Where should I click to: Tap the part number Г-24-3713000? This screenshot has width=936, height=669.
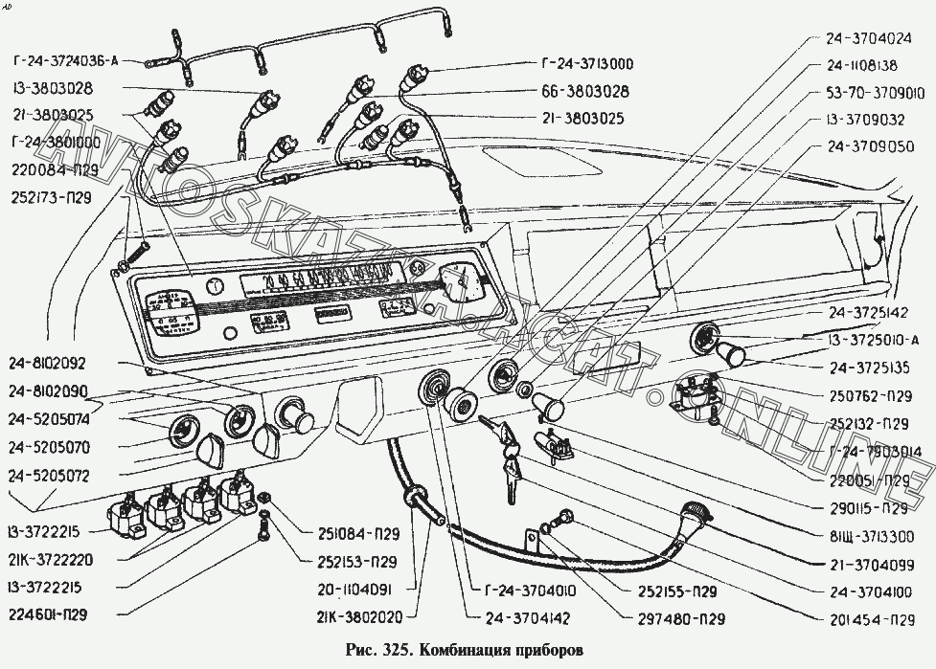(x=586, y=64)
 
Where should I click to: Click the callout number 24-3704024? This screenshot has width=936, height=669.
(x=866, y=40)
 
